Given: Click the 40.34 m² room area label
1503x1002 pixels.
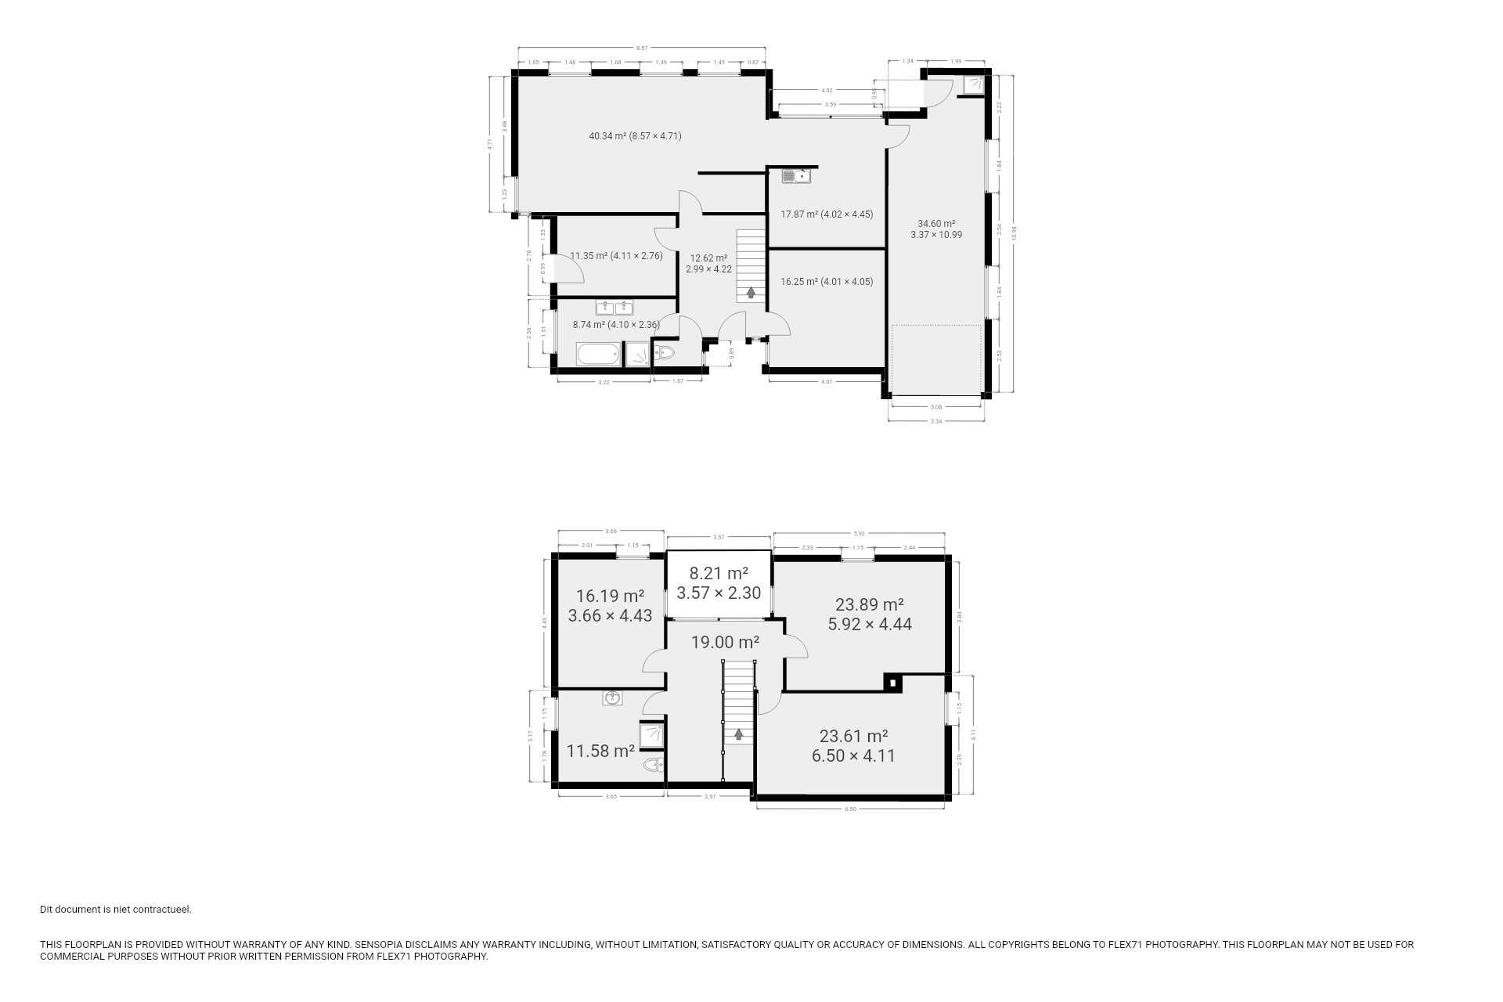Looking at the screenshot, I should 635,136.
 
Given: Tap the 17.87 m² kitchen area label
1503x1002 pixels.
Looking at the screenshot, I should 826,214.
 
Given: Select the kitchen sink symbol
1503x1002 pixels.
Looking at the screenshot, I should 795,177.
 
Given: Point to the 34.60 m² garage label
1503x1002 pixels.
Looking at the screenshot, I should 936,229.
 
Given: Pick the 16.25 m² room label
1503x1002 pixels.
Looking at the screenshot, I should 826,282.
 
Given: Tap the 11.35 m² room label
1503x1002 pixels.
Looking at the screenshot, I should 616,256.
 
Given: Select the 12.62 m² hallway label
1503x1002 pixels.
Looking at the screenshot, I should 708,264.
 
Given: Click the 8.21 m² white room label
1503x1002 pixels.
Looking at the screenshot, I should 719,583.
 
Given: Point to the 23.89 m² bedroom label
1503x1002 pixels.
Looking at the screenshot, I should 869,615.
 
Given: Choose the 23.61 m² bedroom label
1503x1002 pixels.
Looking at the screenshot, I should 853,746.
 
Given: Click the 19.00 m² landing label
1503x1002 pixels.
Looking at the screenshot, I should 725,643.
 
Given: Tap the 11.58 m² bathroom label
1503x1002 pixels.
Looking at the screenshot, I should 600,751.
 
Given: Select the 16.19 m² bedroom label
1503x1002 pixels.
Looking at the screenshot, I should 610,606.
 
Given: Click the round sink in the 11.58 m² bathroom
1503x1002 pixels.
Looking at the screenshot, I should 612,697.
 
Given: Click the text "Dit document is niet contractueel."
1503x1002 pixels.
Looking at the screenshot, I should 116,910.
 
